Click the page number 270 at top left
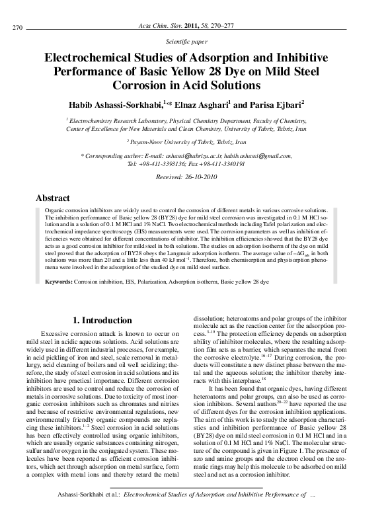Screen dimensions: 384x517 point(19,27)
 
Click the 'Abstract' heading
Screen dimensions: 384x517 point(52,198)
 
